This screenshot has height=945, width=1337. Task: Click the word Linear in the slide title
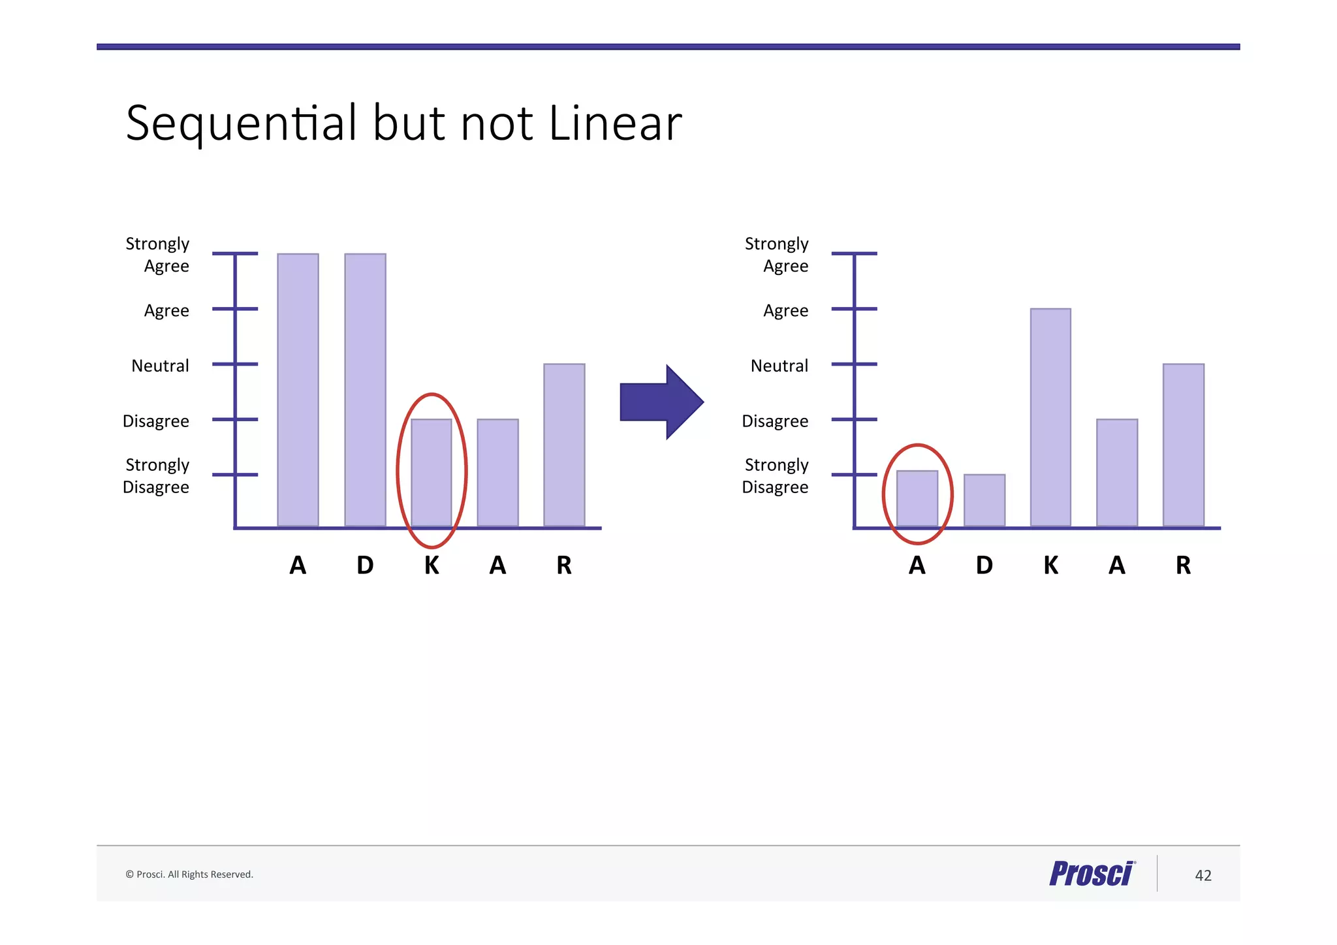click(x=615, y=123)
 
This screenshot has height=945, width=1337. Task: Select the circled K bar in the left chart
click(x=432, y=472)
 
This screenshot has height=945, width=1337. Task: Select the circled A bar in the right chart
click(x=917, y=498)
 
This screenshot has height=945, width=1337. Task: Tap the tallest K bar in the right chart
click(x=1050, y=417)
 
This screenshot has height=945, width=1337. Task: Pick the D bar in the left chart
click(x=365, y=389)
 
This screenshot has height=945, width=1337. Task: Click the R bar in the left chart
click(x=564, y=444)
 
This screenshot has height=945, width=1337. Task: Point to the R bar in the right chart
click(x=1183, y=444)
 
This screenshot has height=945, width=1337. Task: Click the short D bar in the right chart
click(x=984, y=500)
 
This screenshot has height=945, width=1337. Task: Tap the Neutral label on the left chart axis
click(x=160, y=366)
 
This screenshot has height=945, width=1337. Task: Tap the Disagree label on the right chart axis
click(x=775, y=421)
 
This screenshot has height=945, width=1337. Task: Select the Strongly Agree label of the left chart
click(x=158, y=255)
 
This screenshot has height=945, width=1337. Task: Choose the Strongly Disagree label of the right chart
click(x=776, y=476)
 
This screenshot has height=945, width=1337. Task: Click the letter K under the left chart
click(x=432, y=565)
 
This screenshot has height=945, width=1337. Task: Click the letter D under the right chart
click(x=984, y=565)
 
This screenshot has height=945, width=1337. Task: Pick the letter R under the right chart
click(x=1183, y=565)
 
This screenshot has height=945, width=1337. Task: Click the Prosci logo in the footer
click(x=1092, y=874)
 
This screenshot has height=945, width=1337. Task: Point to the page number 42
click(x=1203, y=875)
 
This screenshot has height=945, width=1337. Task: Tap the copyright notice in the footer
click(x=189, y=874)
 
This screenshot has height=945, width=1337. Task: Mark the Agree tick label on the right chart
click(x=785, y=311)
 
